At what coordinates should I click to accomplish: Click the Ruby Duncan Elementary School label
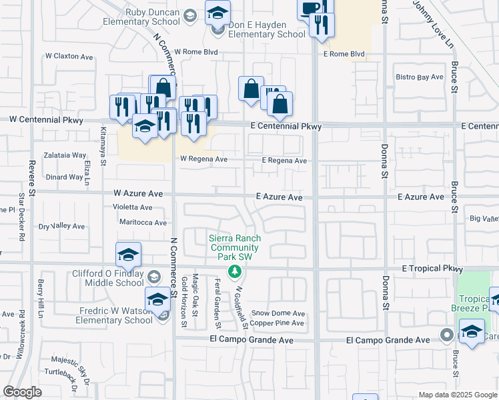(141, 17)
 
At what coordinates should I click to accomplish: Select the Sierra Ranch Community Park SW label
(234, 248)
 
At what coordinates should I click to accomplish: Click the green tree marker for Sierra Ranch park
(234, 271)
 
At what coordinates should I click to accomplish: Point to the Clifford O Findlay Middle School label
(108, 278)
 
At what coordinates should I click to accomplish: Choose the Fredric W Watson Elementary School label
(113, 315)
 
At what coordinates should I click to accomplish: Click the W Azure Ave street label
(138, 193)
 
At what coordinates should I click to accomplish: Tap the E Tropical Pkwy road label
(432, 269)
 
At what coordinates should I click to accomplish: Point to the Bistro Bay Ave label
(420, 77)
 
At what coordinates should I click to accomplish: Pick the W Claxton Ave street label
(69, 57)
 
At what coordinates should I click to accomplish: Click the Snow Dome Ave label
(278, 313)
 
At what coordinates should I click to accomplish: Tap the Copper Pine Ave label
(277, 323)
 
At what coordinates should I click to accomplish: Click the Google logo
(23, 392)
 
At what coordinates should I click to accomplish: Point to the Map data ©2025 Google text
(457, 395)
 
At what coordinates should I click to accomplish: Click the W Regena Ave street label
(203, 159)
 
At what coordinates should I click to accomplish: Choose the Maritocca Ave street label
(142, 222)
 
